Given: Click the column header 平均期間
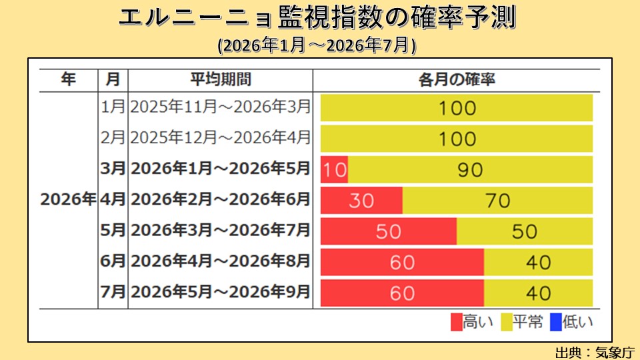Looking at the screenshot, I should coord(221,79).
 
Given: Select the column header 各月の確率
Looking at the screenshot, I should coord(457,79).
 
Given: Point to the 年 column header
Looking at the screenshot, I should coord(68,79).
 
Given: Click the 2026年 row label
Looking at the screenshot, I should coord(68,199).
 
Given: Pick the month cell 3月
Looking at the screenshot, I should coord(113,169).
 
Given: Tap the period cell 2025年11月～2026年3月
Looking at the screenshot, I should coord(221,107).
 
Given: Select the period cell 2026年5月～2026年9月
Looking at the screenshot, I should coord(221,292).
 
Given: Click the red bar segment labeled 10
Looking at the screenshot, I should coord(335,169).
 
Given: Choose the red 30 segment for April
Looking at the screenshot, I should coord(361,200).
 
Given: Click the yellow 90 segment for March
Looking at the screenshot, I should coord(470,169).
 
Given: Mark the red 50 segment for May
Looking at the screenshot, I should coord(389,231).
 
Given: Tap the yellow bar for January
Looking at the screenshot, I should coord(457,107).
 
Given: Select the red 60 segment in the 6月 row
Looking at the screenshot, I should coord(402,262).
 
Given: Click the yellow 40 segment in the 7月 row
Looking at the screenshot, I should coord(538,293).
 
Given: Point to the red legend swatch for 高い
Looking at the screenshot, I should coord(457,323).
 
